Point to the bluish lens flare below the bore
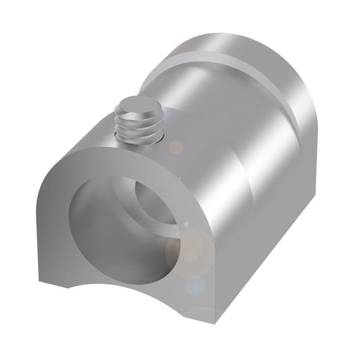point(195,285)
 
